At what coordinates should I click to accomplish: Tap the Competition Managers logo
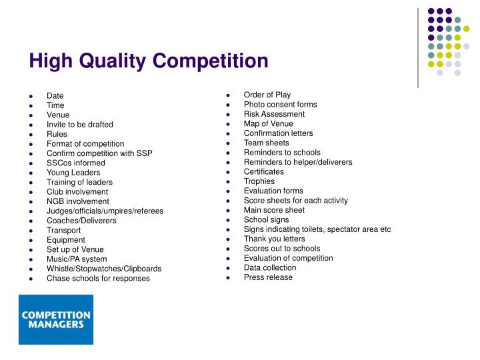pos(55,320)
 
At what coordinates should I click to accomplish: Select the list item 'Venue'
pos(58,115)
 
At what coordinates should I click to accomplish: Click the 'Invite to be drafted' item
pos(80,125)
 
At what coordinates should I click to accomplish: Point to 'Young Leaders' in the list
pos(73,173)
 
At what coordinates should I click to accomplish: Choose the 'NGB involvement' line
pos(77,201)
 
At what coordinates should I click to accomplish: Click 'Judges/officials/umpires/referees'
pos(105,211)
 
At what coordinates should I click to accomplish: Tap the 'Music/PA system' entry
pos(77,259)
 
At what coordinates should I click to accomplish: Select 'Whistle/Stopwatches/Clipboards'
pos(104,269)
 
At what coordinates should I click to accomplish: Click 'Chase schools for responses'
pos(98,278)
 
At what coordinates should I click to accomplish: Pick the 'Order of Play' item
pos(267,95)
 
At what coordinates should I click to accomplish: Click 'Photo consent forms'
pos(280,105)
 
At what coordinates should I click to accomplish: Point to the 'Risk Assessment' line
pos(274,114)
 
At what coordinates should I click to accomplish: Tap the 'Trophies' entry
pos(259,181)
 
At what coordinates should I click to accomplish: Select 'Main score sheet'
pos(274,210)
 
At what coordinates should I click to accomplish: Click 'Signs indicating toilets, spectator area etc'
pos(317,229)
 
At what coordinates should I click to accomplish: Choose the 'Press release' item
pos(268,277)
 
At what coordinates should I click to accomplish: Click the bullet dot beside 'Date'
pos(31,96)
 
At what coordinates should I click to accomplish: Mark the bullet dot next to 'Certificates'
pos(228,172)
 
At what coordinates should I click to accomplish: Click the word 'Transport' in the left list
pos(64,230)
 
